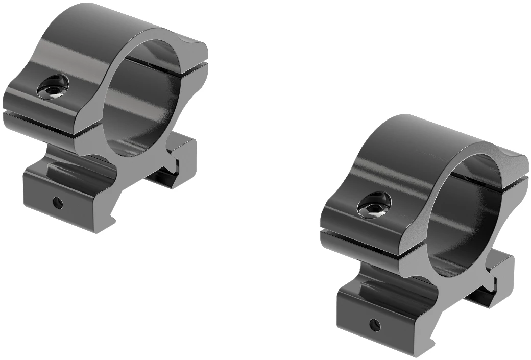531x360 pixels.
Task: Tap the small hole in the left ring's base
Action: [58, 203]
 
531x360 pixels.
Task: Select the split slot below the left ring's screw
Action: [41, 113]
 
